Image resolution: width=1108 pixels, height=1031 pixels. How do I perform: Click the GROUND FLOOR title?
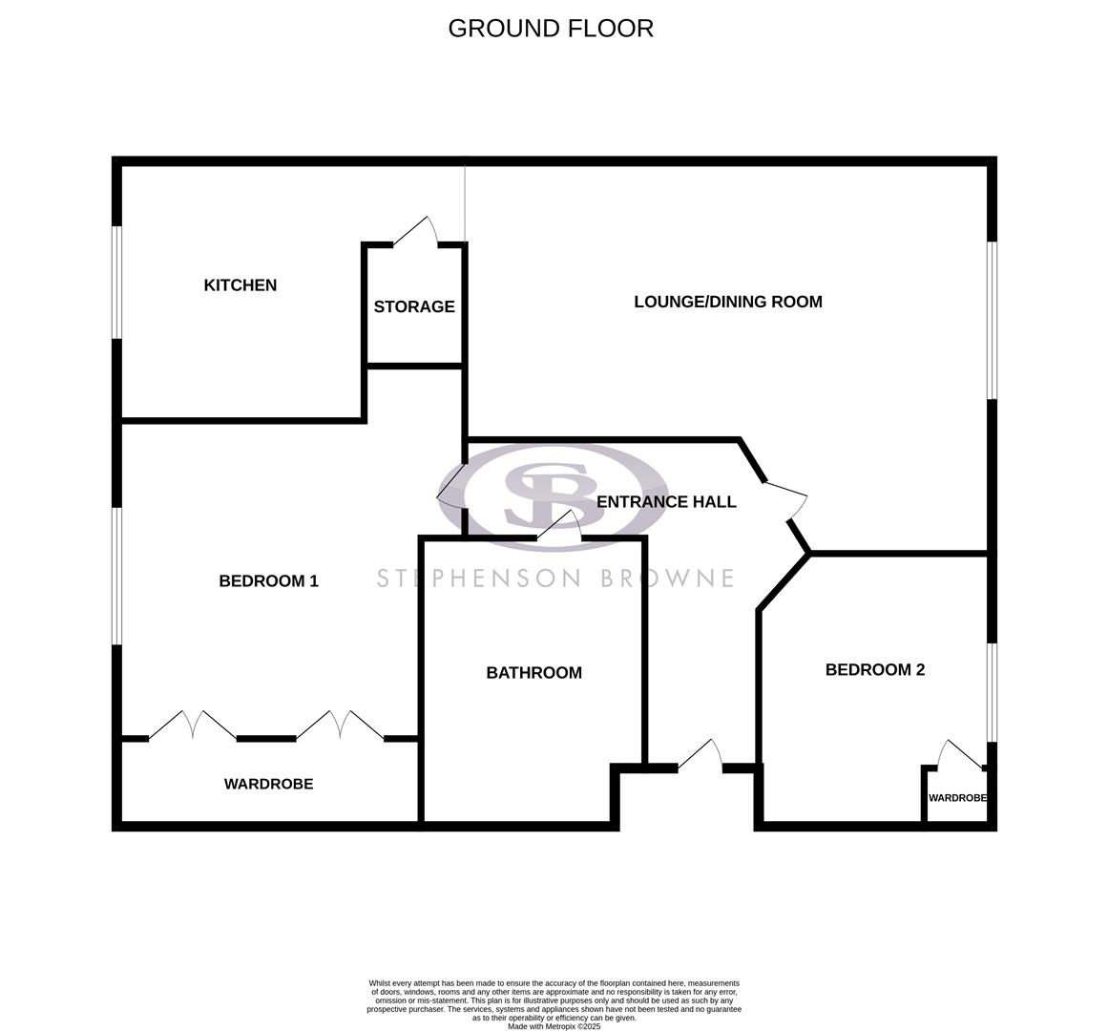pos(551,29)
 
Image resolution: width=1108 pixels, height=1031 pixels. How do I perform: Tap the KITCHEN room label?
pos(240,285)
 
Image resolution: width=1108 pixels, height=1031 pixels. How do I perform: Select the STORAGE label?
pos(414,307)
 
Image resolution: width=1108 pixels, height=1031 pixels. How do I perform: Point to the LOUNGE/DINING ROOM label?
pos(728,302)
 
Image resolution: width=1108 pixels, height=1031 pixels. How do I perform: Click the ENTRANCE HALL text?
pos(666,502)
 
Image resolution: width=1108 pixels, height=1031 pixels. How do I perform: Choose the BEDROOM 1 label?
pos(268,580)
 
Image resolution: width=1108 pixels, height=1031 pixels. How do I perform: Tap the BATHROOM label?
pos(533,673)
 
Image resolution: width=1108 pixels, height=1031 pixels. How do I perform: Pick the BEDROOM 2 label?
pos(875,670)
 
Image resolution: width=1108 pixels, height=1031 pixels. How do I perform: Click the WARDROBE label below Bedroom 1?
pos(268,784)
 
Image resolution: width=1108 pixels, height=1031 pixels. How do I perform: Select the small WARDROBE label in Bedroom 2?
pos(957,798)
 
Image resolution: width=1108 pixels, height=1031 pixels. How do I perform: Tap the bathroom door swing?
pos(561,525)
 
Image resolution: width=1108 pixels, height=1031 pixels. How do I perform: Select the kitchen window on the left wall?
pos(116,282)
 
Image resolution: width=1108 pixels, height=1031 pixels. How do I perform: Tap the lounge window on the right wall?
pos(993,320)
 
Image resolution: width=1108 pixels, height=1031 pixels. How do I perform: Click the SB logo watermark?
pos(553,496)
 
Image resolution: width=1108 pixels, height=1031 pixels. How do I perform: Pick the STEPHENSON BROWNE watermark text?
pos(554,579)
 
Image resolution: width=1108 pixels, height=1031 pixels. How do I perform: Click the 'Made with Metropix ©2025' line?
pos(554,1026)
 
